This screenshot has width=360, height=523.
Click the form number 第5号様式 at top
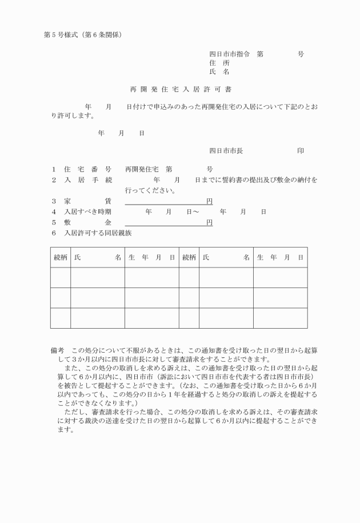[x=62, y=35]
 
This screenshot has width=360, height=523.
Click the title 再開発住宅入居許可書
[x=181, y=90]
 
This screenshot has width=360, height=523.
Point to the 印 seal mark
[x=301, y=151]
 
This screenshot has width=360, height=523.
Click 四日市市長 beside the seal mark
[x=226, y=151]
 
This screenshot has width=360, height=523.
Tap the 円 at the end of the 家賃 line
[x=209, y=201]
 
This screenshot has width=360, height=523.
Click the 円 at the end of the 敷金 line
[x=209, y=222]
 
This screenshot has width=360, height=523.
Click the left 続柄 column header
[x=61, y=257]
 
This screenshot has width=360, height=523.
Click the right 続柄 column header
[x=189, y=257]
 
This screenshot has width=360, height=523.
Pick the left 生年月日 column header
[x=151, y=257]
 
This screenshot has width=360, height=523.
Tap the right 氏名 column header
[x=226, y=257]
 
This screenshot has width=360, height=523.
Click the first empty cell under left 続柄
[x=61, y=277]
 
